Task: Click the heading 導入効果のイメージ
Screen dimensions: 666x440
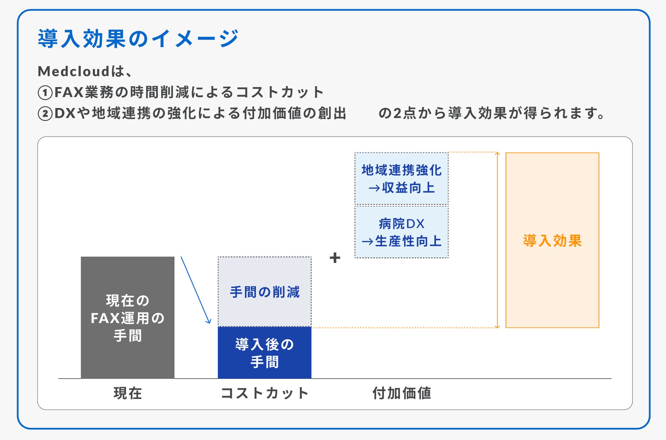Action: pos(138,38)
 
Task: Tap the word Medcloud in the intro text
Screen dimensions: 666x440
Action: pos(74,71)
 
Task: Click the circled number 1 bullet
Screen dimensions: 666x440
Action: pos(45,93)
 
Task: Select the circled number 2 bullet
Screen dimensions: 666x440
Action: pos(45,113)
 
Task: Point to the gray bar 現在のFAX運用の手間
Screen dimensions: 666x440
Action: pos(128,318)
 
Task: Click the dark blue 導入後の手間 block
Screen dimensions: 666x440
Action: pos(265,353)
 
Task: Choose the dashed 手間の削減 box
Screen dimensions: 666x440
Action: pos(265,292)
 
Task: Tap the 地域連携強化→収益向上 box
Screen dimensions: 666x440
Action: pos(402,179)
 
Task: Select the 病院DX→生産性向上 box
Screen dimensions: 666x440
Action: pos(402,232)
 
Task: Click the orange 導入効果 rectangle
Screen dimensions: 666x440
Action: pos(553,240)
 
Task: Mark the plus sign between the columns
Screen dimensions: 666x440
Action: pos(335,258)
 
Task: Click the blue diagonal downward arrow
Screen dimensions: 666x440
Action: pos(196,290)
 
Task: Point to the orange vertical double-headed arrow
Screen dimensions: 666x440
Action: pos(497,240)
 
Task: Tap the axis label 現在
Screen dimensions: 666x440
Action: pos(128,393)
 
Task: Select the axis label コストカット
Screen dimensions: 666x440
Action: pos(265,393)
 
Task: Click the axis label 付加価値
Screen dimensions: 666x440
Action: pos(402,393)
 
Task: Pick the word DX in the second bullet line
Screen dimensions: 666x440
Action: pos(65,113)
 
